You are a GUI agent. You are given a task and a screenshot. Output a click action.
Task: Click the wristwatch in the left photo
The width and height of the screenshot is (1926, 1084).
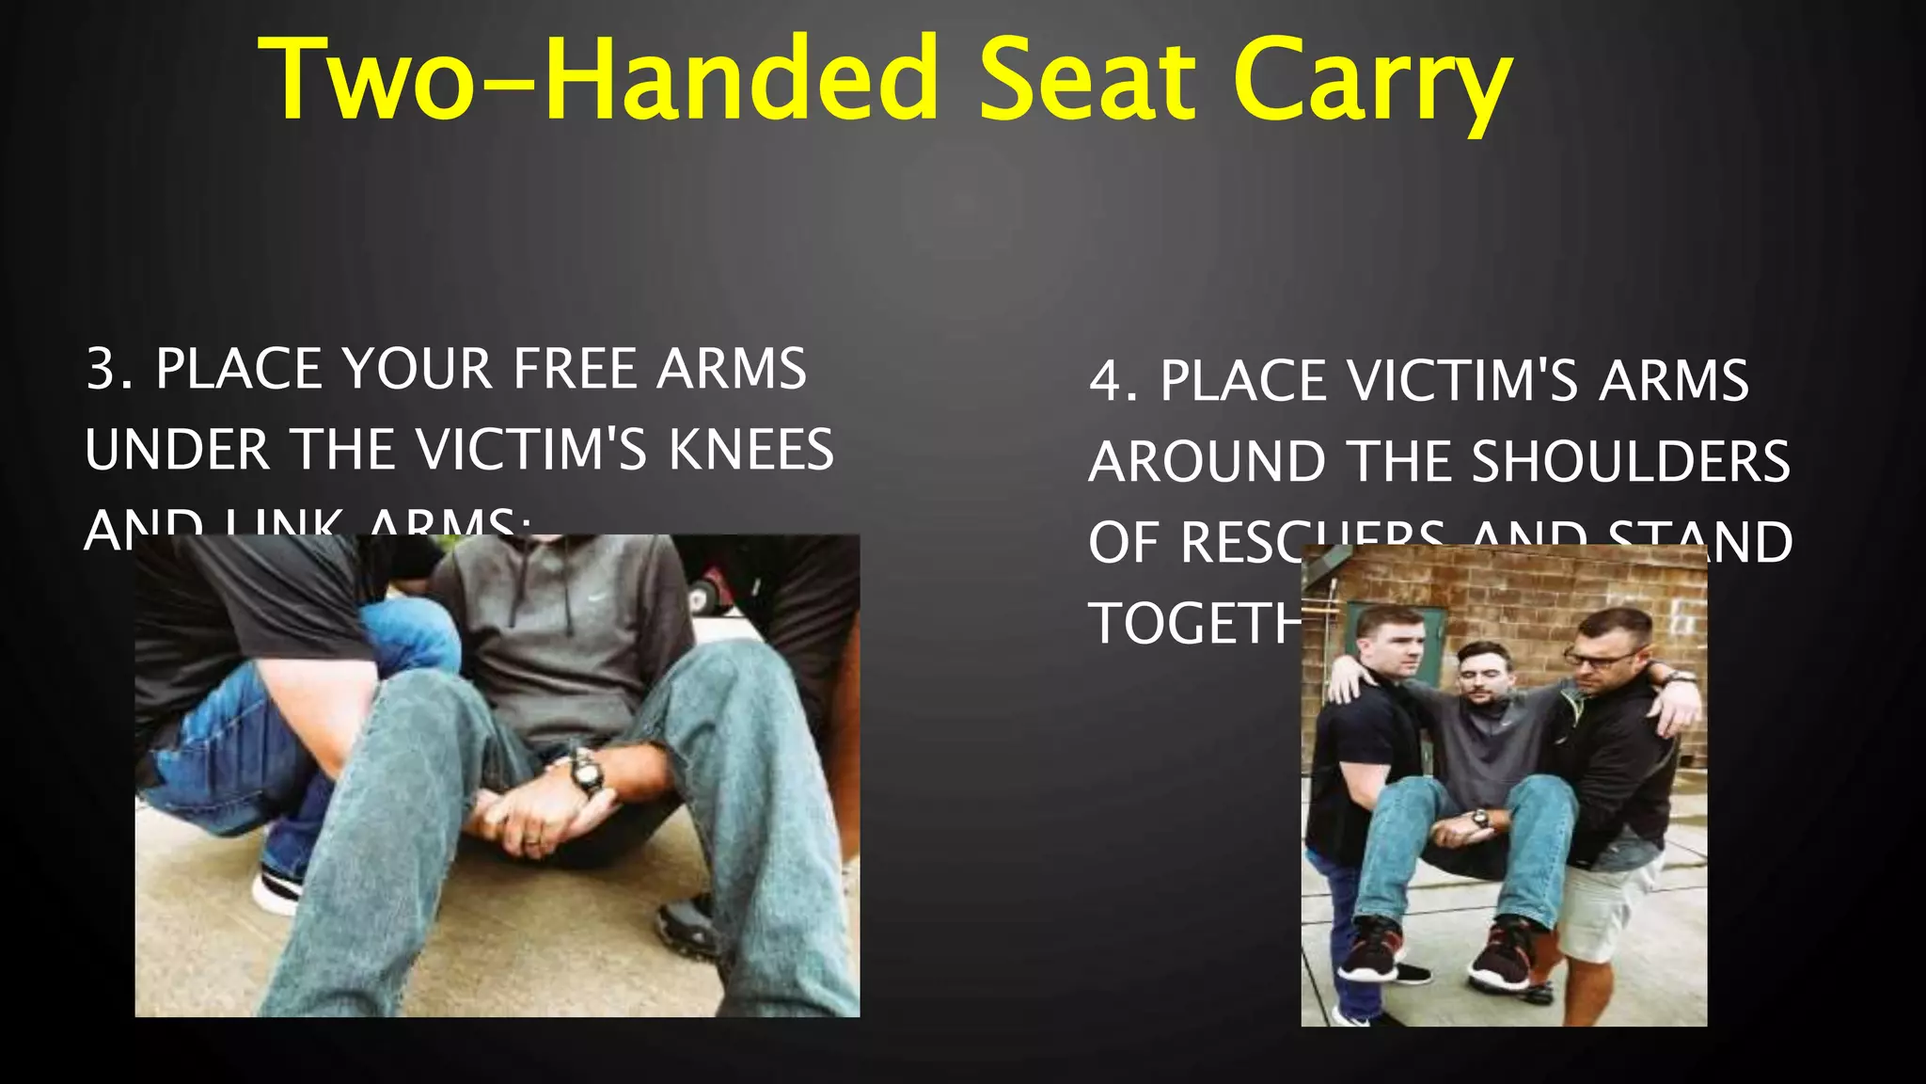point(586,772)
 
